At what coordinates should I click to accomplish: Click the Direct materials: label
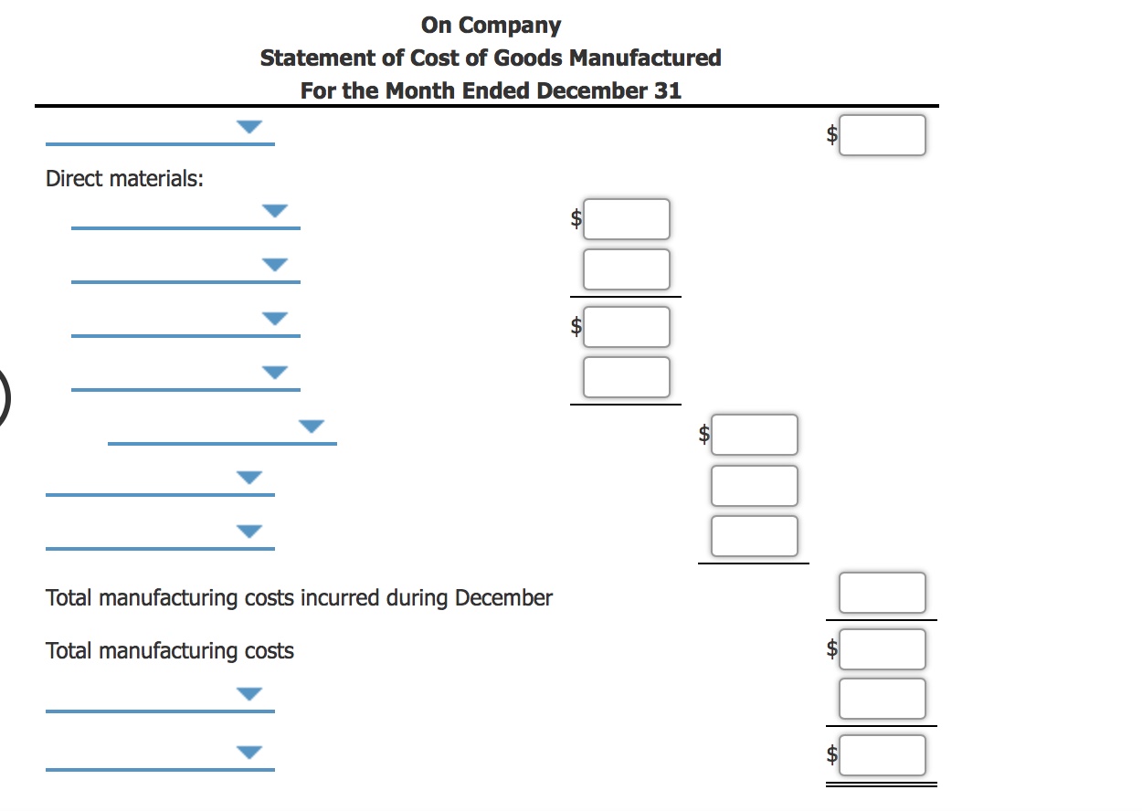(x=124, y=179)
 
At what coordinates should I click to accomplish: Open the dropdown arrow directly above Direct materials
(x=249, y=127)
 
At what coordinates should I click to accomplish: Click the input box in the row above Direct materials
(x=882, y=135)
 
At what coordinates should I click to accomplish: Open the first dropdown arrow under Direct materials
(x=275, y=212)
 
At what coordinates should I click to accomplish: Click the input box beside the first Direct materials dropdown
(x=626, y=219)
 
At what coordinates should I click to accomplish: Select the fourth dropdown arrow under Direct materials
(x=275, y=372)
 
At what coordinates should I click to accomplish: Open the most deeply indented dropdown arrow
(x=312, y=426)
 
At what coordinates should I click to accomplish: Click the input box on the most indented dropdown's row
(x=754, y=435)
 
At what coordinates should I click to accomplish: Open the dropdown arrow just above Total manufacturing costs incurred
(x=249, y=531)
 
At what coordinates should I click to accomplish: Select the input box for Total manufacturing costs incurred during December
(x=882, y=593)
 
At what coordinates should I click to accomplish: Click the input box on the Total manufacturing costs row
(x=882, y=649)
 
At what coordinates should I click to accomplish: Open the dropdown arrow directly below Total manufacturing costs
(x=249, y=693)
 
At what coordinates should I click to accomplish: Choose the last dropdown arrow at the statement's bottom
(x=249, y=752)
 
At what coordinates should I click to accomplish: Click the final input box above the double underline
(x=882, y=755)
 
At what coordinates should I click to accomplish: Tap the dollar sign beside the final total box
(x=831, y=755)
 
